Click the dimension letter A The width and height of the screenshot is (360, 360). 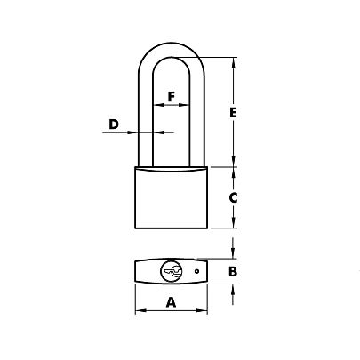[x=172, y=301]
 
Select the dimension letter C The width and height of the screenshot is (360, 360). [x=233, y=199]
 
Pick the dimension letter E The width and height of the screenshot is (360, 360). [x=233, y=113]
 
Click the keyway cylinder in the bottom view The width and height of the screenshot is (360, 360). [x=171, y=271]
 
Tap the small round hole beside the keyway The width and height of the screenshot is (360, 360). [x=195, y=271]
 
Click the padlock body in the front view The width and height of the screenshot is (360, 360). [x=172, y=200]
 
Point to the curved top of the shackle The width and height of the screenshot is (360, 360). [x=172, y=45]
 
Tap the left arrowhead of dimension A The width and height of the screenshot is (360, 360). [x=140, y=312]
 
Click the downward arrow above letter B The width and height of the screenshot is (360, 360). [x=233, y=252]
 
